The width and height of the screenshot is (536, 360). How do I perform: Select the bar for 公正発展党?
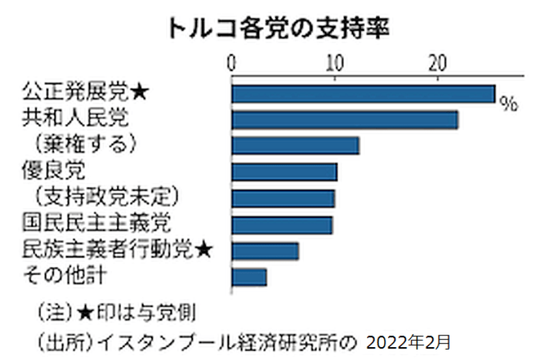pyautogui.click(x=363, y=94)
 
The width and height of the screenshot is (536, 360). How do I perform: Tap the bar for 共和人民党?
pyautogui.click(x=345, y=120)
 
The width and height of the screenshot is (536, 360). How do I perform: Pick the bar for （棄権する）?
pyautogui.click(x=295, y=146)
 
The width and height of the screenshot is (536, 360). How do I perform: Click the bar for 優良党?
pyautogui.click(x=284, y=171)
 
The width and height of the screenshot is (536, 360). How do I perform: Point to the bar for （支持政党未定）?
pyautogui.click(x=283, y=197)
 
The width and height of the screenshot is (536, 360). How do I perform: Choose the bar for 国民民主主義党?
pyautogui.click(x=282, y=224)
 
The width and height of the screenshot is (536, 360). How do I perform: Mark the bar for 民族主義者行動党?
pyautogui.click(x=265, y=251)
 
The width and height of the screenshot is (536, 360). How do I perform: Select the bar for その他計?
pyautogui.click(x=250, y=277)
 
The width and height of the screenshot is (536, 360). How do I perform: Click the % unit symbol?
pyautogui.click(x=508, y=104)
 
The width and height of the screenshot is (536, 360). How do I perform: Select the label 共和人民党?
pyautogui.click(x=75, y=118)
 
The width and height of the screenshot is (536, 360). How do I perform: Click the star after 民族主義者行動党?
pyautogui.click(x=204, y=250)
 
